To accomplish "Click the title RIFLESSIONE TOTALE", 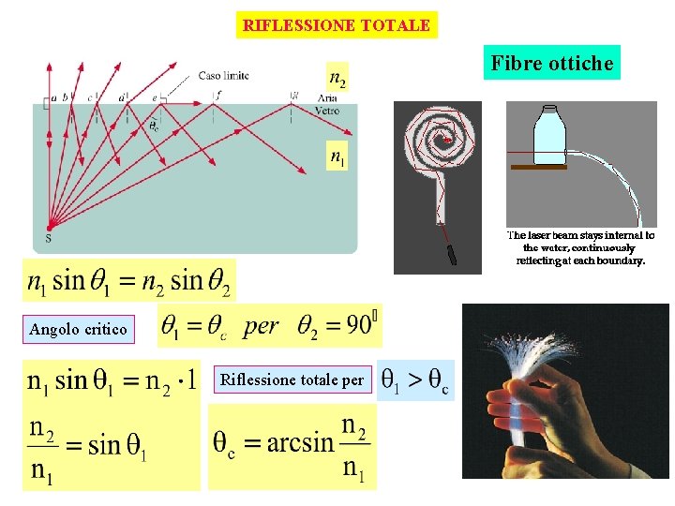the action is click(337, 25).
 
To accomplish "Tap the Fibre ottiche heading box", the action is click(553, 64).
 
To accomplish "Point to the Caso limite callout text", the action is click(224, 76).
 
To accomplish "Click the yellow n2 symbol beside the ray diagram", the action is click(336, 78).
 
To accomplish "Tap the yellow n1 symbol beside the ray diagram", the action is click(336, 156).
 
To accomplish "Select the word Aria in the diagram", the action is click(327, 98).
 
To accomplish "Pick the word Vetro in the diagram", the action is click(328, 110).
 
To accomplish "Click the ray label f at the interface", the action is click(217, 95).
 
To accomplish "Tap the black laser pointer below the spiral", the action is click(451, 252).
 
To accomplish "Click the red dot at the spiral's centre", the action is click(448, 141).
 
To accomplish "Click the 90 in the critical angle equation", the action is click(357, 325).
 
